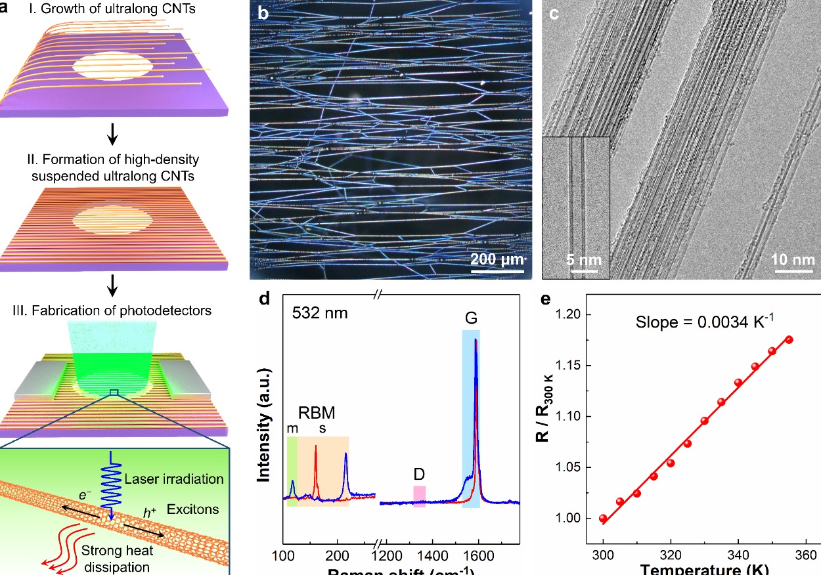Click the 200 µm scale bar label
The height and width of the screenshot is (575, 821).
tap(497, 259)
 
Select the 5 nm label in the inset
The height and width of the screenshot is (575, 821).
tap(584, 259)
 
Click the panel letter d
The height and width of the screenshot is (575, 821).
tap(265, 300)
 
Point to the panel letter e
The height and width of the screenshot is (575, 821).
tap(544, 300)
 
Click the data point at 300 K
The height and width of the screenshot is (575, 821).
tap(603, 519)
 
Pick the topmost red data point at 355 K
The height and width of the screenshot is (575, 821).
tap(789, 339)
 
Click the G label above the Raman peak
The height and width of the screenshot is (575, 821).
tap(471, 320)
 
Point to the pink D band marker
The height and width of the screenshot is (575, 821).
tap(419, 496)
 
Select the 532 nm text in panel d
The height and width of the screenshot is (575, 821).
tap(320, 313)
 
